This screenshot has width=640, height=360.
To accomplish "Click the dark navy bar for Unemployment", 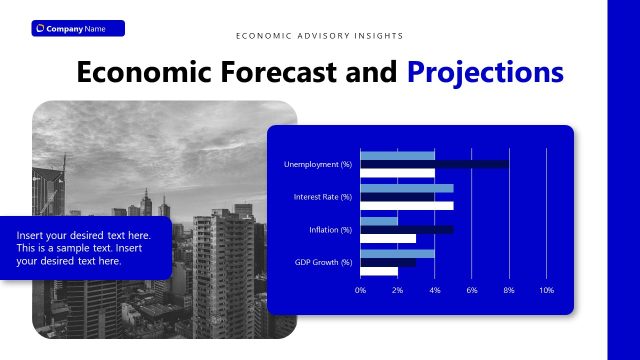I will click(434, 164).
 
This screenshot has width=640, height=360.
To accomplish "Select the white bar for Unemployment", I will click(397, 173).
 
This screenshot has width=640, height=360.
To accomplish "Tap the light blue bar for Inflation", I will click(378, 221).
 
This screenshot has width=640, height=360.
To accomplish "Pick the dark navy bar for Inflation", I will click(406, 230).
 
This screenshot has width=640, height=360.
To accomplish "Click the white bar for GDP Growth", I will click(378, 271).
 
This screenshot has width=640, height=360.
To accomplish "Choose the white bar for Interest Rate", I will click(406, 206).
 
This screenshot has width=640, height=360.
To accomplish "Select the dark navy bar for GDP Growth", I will click(388, 262).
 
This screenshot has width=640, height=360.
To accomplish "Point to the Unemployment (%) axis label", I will click(318, 164).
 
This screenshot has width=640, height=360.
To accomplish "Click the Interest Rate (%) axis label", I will click(322, 197).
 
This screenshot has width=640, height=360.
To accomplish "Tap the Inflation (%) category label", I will click(330, 230).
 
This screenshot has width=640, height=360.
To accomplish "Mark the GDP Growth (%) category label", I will click(323, 262).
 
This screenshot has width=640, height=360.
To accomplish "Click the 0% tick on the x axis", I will click(361, 290).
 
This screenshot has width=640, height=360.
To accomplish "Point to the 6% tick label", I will click(472, 290).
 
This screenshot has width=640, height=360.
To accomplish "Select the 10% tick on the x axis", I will click(546, 290).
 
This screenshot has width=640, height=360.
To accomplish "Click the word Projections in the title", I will click(485, 73).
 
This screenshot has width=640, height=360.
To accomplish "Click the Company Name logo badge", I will click(78, 28).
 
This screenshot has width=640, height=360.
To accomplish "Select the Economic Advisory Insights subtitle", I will click(320, 36).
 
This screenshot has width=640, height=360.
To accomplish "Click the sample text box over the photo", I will click(85, 247).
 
